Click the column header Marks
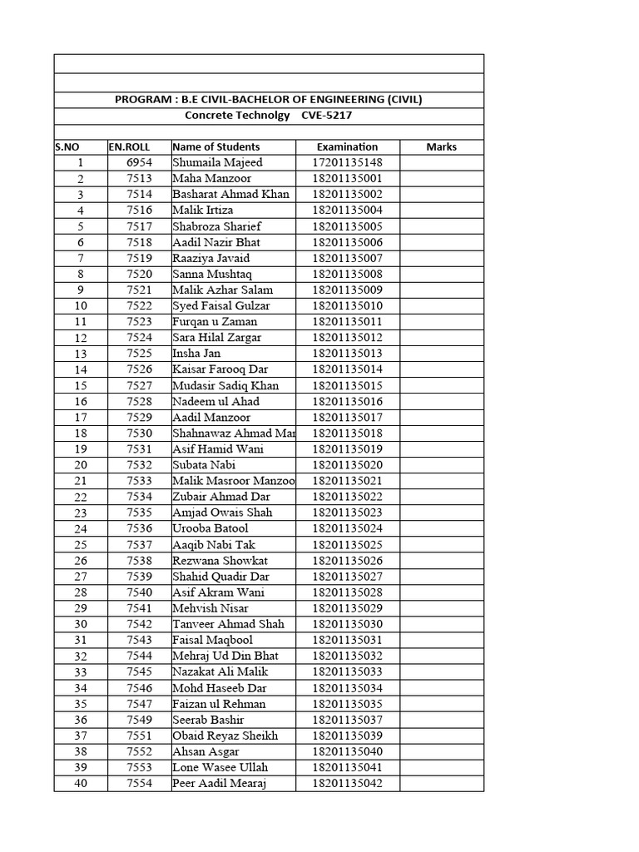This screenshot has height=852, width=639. click(441, 147)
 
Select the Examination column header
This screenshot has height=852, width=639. click(347, 147)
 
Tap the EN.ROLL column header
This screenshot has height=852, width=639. click(128, 147)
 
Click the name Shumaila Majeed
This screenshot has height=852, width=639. click(217, 163)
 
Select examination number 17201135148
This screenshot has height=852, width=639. click(347, 163)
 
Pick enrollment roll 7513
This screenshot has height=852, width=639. click(139, 179)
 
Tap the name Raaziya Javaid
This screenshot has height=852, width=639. click(211, 259)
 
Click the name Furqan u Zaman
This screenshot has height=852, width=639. click(215, 322)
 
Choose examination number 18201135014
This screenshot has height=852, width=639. click(347, 369)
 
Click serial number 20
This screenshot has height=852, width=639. click(81, 465)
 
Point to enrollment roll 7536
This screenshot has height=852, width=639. click(139, 528)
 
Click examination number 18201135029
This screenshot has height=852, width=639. click(347, 608)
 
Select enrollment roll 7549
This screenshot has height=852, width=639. click(139, 720)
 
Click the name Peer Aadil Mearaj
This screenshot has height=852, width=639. click(220, 784)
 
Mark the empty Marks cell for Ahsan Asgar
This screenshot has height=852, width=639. click(441, 751)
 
